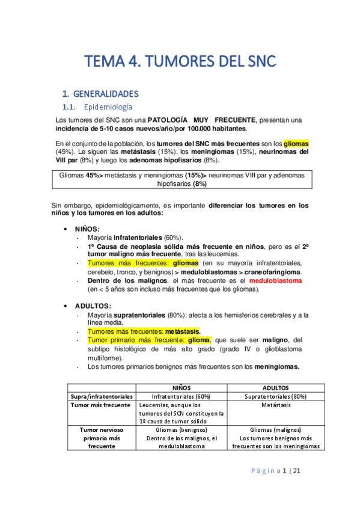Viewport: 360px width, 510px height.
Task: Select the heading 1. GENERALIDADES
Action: [101, 94]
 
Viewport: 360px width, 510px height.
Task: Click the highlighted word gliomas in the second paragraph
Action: [296, 144]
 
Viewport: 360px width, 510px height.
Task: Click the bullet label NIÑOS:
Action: [87, 229]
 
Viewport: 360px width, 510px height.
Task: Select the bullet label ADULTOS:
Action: [93, 306]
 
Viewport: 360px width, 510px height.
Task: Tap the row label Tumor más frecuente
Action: [100, 405]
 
